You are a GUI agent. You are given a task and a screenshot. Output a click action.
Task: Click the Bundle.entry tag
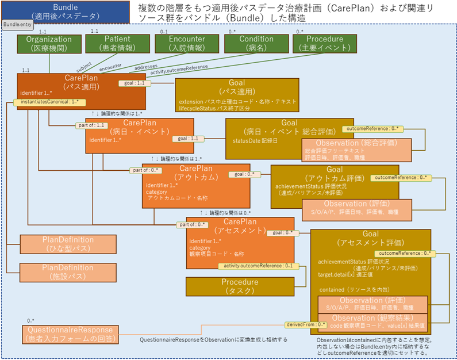pyautogui.click(x=17, y=25)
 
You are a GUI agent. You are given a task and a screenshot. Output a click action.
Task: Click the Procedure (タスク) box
pyautogui.click(x=240, y=286)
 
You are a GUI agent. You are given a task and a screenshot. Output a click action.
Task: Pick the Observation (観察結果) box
pyautogui.click(x=372, y=321)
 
